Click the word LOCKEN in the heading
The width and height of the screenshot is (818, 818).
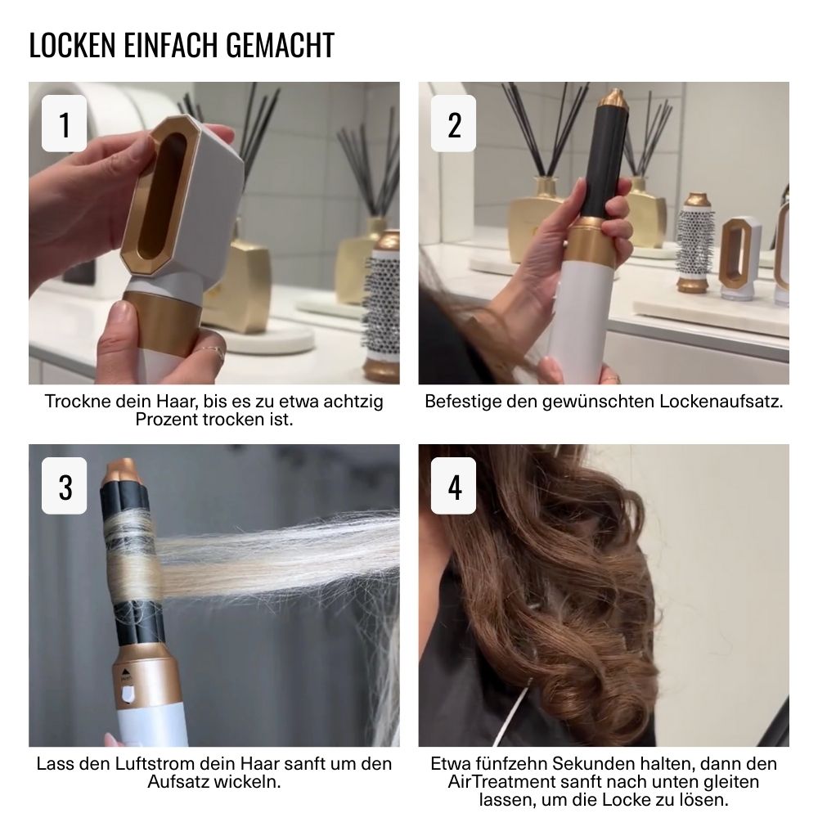pyautogui.click(x=73, y=45)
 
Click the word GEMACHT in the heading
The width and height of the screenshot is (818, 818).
pyautogui.click(x=280, y=45)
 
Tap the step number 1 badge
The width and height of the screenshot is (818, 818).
pyautogui.click(x=64, y=124)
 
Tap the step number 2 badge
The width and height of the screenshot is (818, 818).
pyautogui.click(x=453, y=124)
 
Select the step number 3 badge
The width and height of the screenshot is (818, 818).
pyautogui.click(x=64, y=486)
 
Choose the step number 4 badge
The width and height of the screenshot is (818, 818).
pyautogui.click(x=453, y=486)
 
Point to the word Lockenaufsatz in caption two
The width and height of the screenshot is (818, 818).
pyautogui.click(x=721, y=402)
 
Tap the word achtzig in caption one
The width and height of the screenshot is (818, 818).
pyautogui.click(x=353, y=402)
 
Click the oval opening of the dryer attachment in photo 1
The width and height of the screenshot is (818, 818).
pyautogui.click(x=162, y=196)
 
